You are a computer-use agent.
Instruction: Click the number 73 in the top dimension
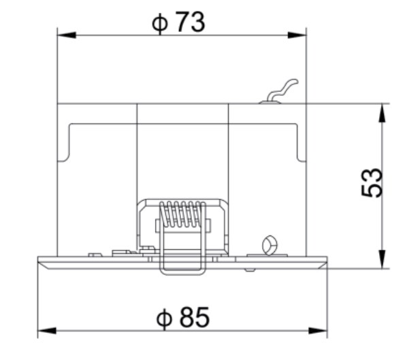(190, 22)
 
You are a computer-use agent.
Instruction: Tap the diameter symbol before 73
(160, 23)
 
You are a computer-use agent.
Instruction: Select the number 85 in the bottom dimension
(195, 317)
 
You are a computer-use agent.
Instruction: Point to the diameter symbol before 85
(164, 318)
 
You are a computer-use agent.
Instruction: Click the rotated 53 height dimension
(372, 182)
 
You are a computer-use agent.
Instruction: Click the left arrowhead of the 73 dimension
(67, 35)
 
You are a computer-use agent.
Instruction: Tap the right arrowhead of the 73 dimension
(297, 35)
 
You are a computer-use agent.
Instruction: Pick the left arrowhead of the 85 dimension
(47, 331)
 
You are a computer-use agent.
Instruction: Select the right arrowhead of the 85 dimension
(318, 331)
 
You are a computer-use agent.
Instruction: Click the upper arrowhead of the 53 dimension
(382, 113)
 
